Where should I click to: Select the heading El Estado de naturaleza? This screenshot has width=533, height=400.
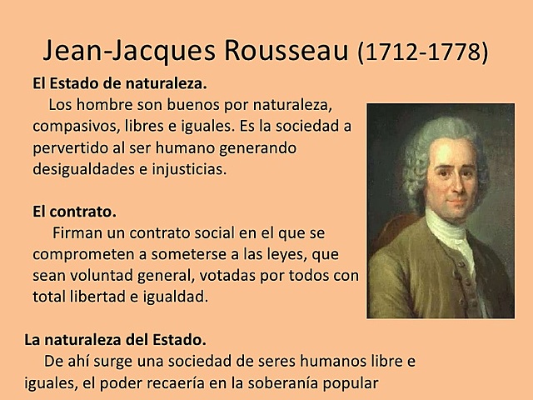[118, 85]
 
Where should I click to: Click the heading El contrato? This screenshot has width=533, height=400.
[74, 211]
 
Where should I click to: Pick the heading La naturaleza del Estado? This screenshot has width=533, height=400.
[114, 341]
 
